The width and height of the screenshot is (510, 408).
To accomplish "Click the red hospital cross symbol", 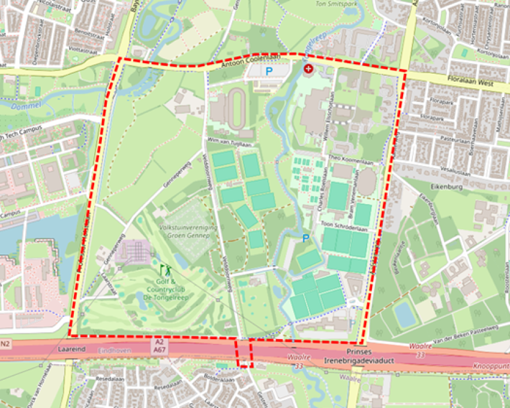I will pos(309,70).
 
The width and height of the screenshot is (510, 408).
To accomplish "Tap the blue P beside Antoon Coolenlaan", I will pos(269,71).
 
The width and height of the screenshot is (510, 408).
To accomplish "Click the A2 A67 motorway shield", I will pos(160,345).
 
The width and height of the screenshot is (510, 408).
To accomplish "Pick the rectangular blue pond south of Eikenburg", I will pos(406,313).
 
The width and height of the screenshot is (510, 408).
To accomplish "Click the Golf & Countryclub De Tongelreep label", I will pos(166,289).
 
